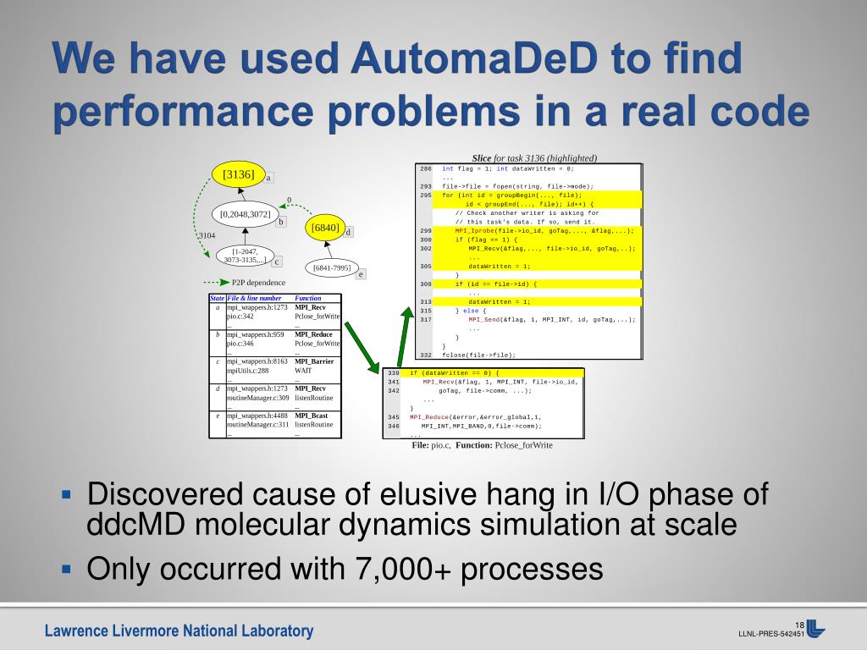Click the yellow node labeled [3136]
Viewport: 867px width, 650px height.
pos(238,174)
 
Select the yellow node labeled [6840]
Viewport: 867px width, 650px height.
pos(325,228)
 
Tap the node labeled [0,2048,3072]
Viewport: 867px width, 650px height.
pos(245,214)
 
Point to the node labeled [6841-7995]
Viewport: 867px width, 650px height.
pos(331,268)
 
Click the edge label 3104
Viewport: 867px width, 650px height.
pos(207,235)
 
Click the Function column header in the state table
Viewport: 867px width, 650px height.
pos(308,298)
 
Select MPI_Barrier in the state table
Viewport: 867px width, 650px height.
pos(313,361)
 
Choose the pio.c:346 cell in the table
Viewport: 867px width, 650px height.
pos(240,344)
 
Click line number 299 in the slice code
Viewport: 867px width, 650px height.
pos(425,230)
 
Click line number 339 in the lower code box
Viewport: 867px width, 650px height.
pos(393,372)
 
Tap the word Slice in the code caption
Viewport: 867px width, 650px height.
pos(482,158)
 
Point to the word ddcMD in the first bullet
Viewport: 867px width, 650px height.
pos(129,524)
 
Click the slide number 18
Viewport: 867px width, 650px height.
pos(798,625)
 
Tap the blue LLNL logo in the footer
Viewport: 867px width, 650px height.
pos(816,629)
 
